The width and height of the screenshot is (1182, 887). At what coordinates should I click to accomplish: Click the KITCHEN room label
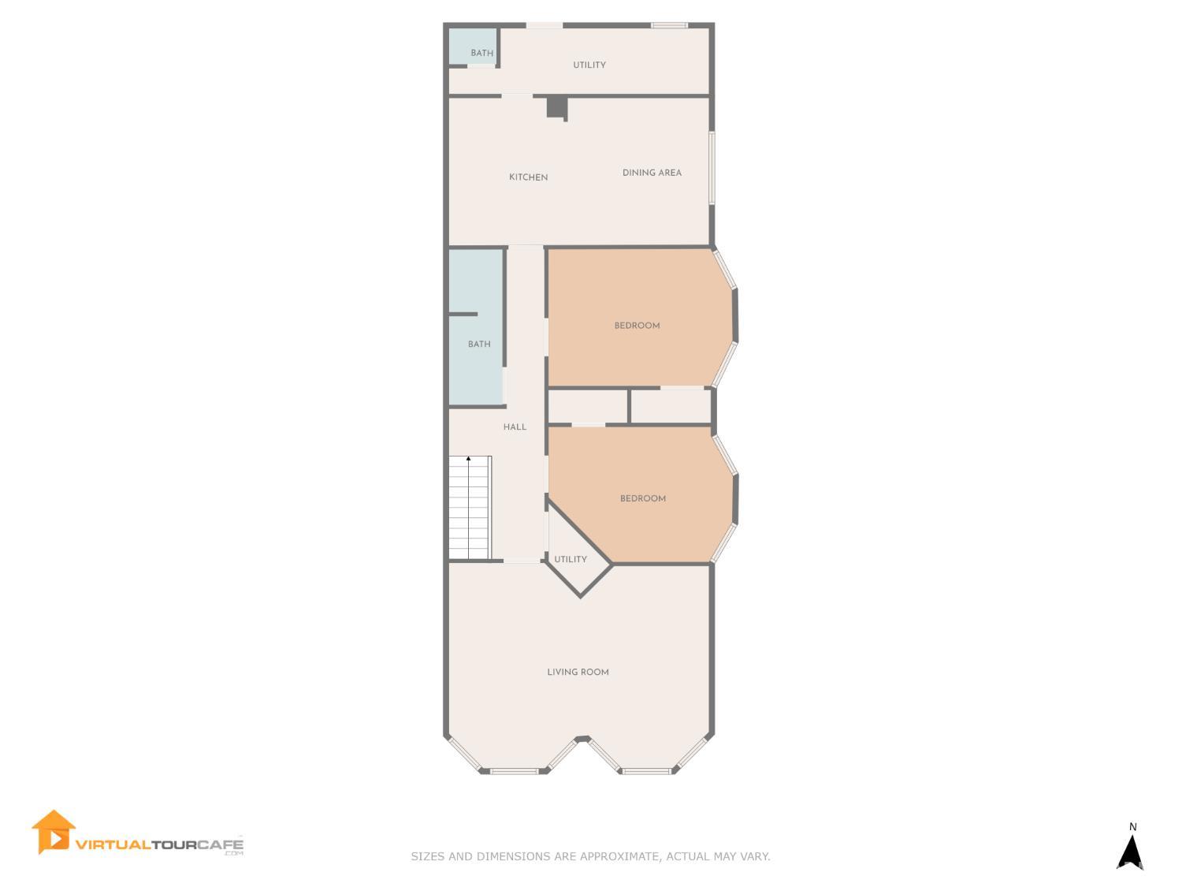[x=528, y=177]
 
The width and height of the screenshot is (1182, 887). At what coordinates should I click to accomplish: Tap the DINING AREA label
[x=652, y=173]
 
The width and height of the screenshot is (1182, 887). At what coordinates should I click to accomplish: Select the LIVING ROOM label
[x=578, y=673]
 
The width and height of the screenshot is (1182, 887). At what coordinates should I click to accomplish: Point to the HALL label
[x=515, y=427]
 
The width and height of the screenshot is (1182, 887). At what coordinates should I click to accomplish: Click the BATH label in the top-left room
[x=481, y=54]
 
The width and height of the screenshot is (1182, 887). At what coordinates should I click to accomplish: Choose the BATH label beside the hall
[x=479, y=345]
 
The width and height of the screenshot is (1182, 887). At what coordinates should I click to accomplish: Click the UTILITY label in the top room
[x=589, y=65]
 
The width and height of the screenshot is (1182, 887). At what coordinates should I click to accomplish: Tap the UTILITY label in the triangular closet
[x=570, y=560]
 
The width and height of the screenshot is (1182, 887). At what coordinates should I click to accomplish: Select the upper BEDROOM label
[x=637, y=326]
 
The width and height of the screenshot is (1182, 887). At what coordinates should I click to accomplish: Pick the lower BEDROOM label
[x=642, y=498]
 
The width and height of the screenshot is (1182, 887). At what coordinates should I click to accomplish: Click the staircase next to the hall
[x=470, y=509]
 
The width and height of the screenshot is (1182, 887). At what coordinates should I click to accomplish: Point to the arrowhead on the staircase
[x=468, y=458]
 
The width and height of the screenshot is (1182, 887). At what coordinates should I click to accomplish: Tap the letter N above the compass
[x=1133, y=827]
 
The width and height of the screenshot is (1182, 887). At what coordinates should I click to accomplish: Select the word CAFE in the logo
[x=220, y=845]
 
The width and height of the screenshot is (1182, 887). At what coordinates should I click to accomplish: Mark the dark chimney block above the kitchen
[x=556, y=106]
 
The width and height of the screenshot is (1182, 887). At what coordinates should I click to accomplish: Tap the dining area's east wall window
[x=712, y=168]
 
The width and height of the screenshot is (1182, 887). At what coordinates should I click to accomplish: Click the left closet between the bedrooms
[x=588, y=407]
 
